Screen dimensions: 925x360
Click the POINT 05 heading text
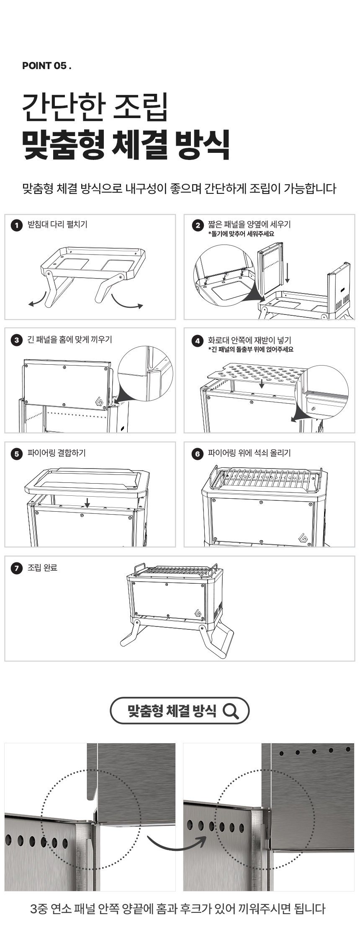coord(46,66)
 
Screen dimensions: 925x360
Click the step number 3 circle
coord(16,340)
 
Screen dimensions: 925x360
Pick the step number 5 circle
coord(16,453)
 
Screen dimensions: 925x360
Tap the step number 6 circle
coord(197,453)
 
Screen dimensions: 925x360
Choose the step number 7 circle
coord(16,568)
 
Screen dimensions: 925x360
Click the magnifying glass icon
coord(231,711)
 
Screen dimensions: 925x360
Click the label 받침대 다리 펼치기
coord(57,224)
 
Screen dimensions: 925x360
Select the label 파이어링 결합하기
coord(57,453)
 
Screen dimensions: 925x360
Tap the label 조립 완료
coord(42,568)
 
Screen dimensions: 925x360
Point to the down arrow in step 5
coord(87,502)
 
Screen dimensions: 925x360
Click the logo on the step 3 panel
coord(100,401)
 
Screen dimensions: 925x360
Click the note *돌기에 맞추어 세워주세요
coord(241,234)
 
